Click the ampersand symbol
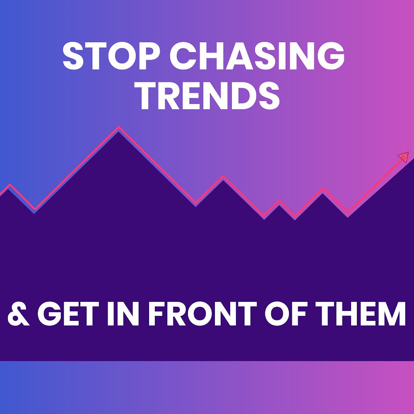point(19,313)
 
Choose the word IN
point(124,313)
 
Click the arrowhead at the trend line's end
point(403,157)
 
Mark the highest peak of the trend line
point(119,128)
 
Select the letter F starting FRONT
point(155,313)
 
